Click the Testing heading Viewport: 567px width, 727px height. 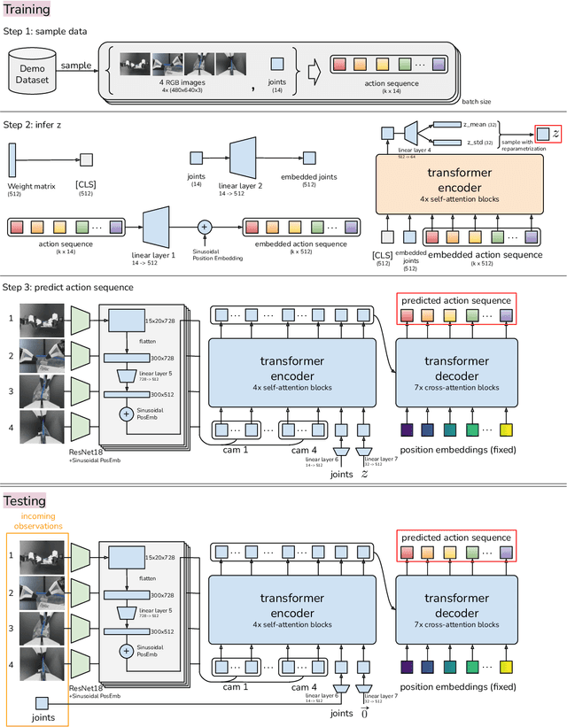click(x=25, y=501)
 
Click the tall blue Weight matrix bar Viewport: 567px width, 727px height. click(x=12, y=160)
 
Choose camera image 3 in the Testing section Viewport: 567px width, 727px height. click(x=43, y=626)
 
